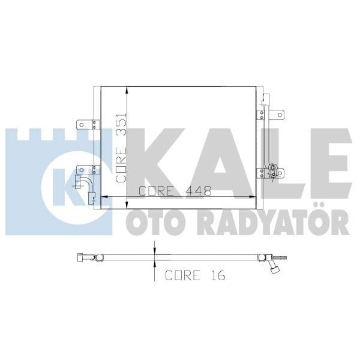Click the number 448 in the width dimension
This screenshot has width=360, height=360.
[x=199, y=191]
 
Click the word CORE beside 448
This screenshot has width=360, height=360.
[x=157, y=191]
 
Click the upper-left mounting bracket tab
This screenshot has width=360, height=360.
[x=85, y=125]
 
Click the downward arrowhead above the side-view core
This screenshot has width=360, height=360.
[x=155, y=252]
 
